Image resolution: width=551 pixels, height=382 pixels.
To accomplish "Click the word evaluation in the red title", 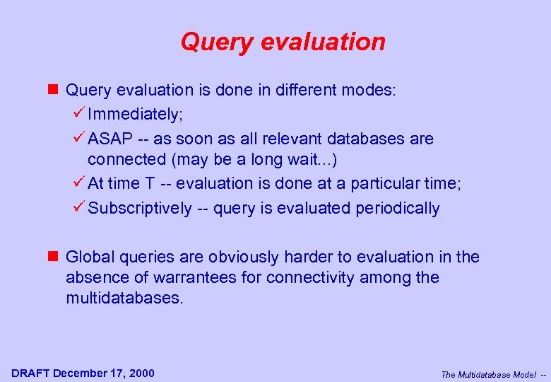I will (324, 42).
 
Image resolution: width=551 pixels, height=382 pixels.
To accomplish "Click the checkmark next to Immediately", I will (78, 113).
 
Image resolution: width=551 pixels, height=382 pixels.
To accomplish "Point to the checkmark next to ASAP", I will (78, 138).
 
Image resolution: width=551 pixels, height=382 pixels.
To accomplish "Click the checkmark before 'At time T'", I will (78, 183).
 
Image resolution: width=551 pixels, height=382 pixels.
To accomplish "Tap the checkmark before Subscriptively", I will (78, 208).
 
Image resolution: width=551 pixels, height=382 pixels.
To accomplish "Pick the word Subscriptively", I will (140, 209).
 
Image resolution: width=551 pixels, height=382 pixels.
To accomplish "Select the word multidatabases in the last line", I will (124, 299).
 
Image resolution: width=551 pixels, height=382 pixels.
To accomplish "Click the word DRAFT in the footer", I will (30, 374).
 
